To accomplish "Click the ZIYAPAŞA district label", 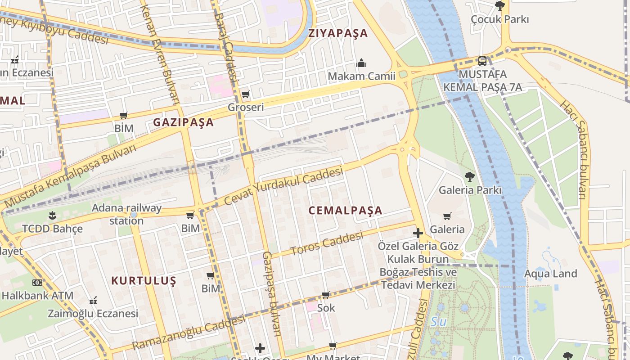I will point(338,33).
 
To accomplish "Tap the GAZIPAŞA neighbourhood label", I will point(183,122).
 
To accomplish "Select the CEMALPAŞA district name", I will point(346,210).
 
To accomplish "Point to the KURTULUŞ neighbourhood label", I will point(144,281).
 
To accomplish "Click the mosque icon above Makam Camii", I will point(361,63).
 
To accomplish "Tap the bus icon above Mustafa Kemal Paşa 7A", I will point(482,61).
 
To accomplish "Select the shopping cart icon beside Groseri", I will point(245,94).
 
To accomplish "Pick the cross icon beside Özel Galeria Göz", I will point(418,233).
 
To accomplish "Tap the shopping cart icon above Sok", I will point(326,295).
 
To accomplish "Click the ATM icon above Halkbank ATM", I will point(37,283).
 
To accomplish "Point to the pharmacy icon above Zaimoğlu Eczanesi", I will point(93,300).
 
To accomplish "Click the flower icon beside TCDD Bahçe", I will point(53,215).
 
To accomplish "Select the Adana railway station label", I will point(126,214).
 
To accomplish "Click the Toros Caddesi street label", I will point(327,243).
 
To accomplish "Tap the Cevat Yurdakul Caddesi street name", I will point(283,185).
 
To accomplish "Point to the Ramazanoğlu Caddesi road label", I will point(189,332).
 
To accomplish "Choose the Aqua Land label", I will point(550,274).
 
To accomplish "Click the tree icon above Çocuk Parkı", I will point(499,6).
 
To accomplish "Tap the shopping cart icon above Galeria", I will point(447,216).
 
